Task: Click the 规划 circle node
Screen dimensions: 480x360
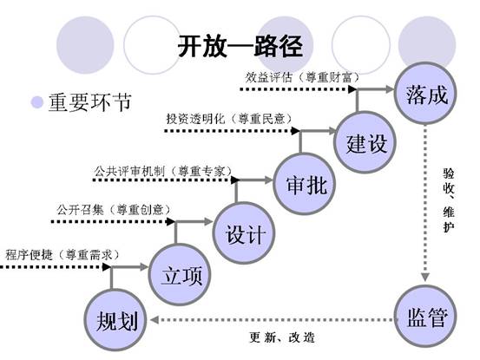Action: pyautogui.click(x=115, y=320)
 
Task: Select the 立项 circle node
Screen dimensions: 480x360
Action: pyautogui.click(x=180, y=274)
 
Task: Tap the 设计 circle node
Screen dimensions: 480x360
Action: pyautogui.click(x=244, y=232)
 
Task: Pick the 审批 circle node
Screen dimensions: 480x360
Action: pyautogui.click(x=305, y=184)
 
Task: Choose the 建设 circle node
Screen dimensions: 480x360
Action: pyautogui.click(x=365, y=142)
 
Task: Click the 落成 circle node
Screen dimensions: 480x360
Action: pyautogui.click(x=425, y=93)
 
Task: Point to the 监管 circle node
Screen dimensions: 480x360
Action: pyautogui.click(x=425, y=316)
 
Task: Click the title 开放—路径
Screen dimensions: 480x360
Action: pyautogui.click(x=240, y=46)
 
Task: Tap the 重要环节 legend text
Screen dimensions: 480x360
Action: pyautogui.click(x=90, y=101)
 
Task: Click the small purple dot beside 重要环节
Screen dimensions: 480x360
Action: pyautogui.click(x=37, y=102)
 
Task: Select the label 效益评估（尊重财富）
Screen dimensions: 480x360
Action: pyautogui.click(x=302, y=77)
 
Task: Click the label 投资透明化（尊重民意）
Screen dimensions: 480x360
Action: pyautogui.click(x=229, y=119)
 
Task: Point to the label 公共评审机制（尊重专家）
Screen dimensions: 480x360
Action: pyautogui.click(x=163, y=171)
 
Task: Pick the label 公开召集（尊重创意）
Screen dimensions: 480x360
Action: pyautogui.click(x=113, y=210)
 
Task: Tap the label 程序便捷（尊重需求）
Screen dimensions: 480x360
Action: pyautogui.click(x=62, y=254)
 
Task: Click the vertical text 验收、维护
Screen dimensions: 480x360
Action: pyautogui.click(x=449, y=200)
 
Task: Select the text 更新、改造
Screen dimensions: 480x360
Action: pyautogui.click(x=282, y=337)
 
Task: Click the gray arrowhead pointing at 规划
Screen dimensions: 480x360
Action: pyautogui.click(x=154, y=320)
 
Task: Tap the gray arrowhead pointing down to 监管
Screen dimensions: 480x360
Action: pyautogui.click(x=425, y=277)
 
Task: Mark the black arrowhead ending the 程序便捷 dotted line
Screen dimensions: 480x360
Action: pyautogui.click(x=107, y=267)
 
